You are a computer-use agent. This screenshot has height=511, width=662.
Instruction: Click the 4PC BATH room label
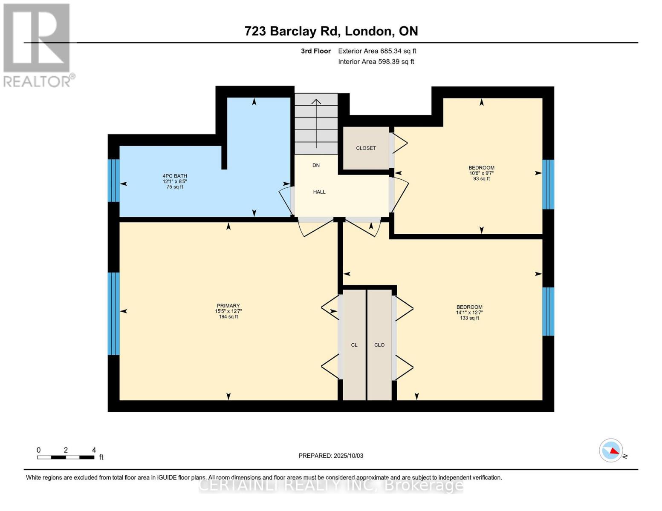175,176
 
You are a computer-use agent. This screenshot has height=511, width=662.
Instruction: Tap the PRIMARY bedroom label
228,306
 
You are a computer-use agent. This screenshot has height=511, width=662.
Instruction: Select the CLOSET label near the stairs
366,148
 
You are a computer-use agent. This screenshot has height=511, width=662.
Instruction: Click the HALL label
319,192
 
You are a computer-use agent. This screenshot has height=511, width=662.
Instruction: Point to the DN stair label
316,165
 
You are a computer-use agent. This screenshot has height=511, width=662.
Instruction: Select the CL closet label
354,345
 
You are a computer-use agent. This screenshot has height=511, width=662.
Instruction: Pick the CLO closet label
379,345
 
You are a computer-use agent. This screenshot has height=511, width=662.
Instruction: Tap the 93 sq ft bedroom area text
482,179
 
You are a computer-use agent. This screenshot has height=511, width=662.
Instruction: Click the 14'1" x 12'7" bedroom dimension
469,313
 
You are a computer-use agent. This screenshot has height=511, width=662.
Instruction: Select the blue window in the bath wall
113,180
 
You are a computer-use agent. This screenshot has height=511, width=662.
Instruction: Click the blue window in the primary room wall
113,313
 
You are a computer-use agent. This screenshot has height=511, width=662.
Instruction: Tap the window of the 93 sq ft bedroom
548,184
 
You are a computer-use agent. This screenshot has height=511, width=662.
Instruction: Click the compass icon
611,451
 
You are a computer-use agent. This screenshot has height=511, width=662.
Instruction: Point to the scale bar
66,457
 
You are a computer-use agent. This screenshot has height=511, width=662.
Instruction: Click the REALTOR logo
38,45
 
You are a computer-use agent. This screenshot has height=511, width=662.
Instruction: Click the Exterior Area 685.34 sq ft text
377,51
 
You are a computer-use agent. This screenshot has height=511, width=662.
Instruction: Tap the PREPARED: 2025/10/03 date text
331,456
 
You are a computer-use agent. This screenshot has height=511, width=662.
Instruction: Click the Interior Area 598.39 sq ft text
376,62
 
